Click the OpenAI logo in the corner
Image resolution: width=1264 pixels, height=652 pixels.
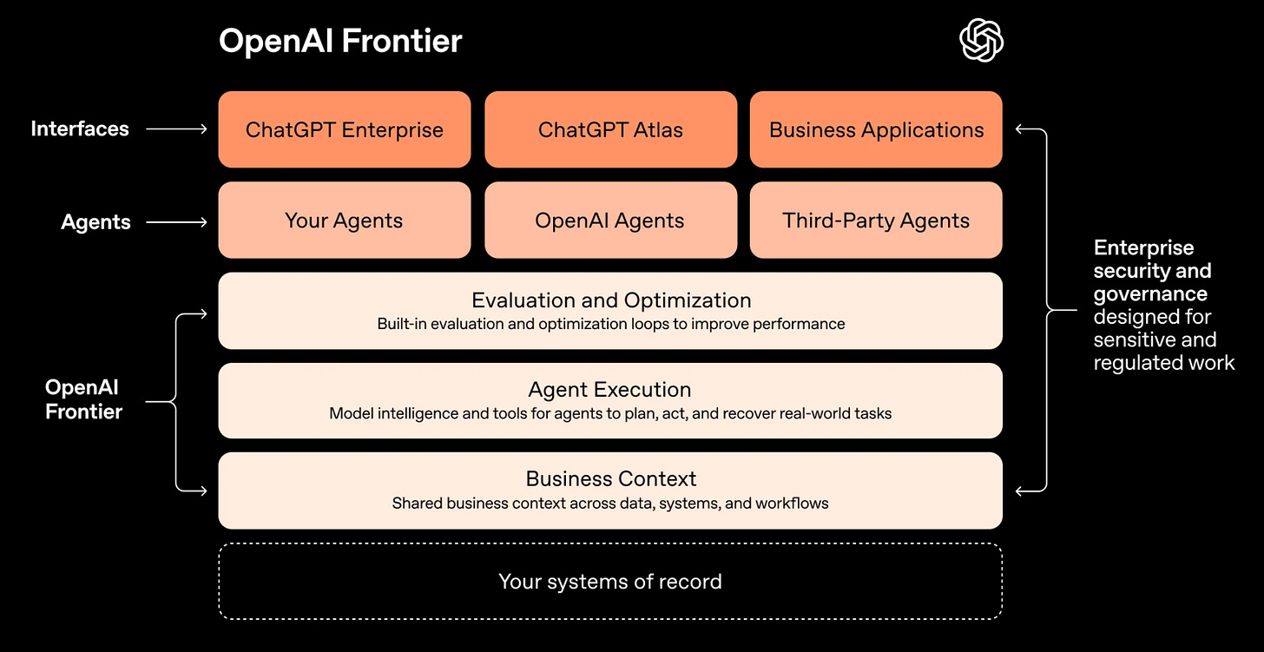click(981, 41)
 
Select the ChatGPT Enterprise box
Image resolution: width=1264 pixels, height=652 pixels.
click(345, 129)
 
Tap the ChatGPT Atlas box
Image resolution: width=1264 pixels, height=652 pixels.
click(610, 129)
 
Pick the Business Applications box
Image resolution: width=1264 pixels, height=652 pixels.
click(876, 129)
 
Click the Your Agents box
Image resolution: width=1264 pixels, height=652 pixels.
click(345, 221)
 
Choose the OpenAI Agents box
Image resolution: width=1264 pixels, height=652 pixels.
click(610, 221)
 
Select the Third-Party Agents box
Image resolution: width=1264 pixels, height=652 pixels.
click(876, 221)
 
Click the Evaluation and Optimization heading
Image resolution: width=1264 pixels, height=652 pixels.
click(610, 300)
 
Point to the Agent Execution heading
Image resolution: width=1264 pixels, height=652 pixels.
click(610, 390)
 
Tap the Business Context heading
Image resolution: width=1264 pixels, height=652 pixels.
click(610, 478)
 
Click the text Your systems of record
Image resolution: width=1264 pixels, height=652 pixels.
click(610, 581)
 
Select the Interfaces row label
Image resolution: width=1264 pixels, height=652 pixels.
click(80, 129)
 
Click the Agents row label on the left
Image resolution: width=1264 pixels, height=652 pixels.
click(95, 222)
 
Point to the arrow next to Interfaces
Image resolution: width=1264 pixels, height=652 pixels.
click(176, 129)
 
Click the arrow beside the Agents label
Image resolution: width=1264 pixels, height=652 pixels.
click(176, 222)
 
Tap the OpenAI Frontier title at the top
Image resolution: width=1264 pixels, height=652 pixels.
click(340, 41)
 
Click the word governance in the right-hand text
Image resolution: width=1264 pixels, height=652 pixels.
click(1150, 293)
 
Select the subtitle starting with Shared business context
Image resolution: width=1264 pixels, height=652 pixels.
click(610, 504)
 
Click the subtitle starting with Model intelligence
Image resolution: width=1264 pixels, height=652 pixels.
click(610, 414)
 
